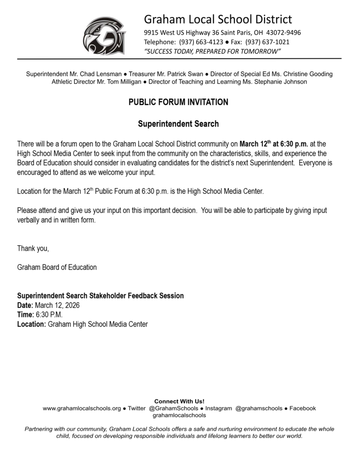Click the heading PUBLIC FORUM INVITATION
pyautogui.click(x=178, y=102)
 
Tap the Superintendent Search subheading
pyautogui.click(x=178, y=124)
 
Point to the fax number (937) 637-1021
pyautogui.click(x=267, y=42)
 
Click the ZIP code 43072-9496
pyautogui.click(x=283, y=33)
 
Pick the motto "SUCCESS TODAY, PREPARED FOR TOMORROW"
pyautogui.click(x=212, y=51)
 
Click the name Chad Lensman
pyautogui.click(x=103, y=74)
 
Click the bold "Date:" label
pyautogui.click(x=25, y=305)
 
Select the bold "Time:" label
pyautogui.click(x=25, y=315)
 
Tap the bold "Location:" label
pyautogui.click(x=31, y=324)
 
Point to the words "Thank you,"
pyautogui.click(x=33, y=249)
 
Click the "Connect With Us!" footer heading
pyautogui.click(x=179, y=401)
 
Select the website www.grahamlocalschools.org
pyautogui.click(x=82, y=409)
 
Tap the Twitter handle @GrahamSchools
pyautogui.click(x=173, y=409)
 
